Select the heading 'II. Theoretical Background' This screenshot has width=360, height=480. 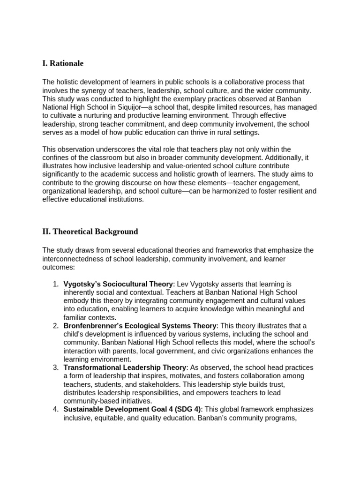pyautogui.click(x=90, y=232)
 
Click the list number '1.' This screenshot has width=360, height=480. pyautogui.click(x=55, y=284)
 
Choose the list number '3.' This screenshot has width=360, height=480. pyautogui.click(x=55, y=367)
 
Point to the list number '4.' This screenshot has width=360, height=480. pyautogui.click(x=55, y=409)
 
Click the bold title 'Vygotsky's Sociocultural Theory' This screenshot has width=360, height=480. pyautogui.click(x=118, y=284)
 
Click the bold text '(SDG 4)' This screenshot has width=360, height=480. pyautogui.click(x=185, y=409)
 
